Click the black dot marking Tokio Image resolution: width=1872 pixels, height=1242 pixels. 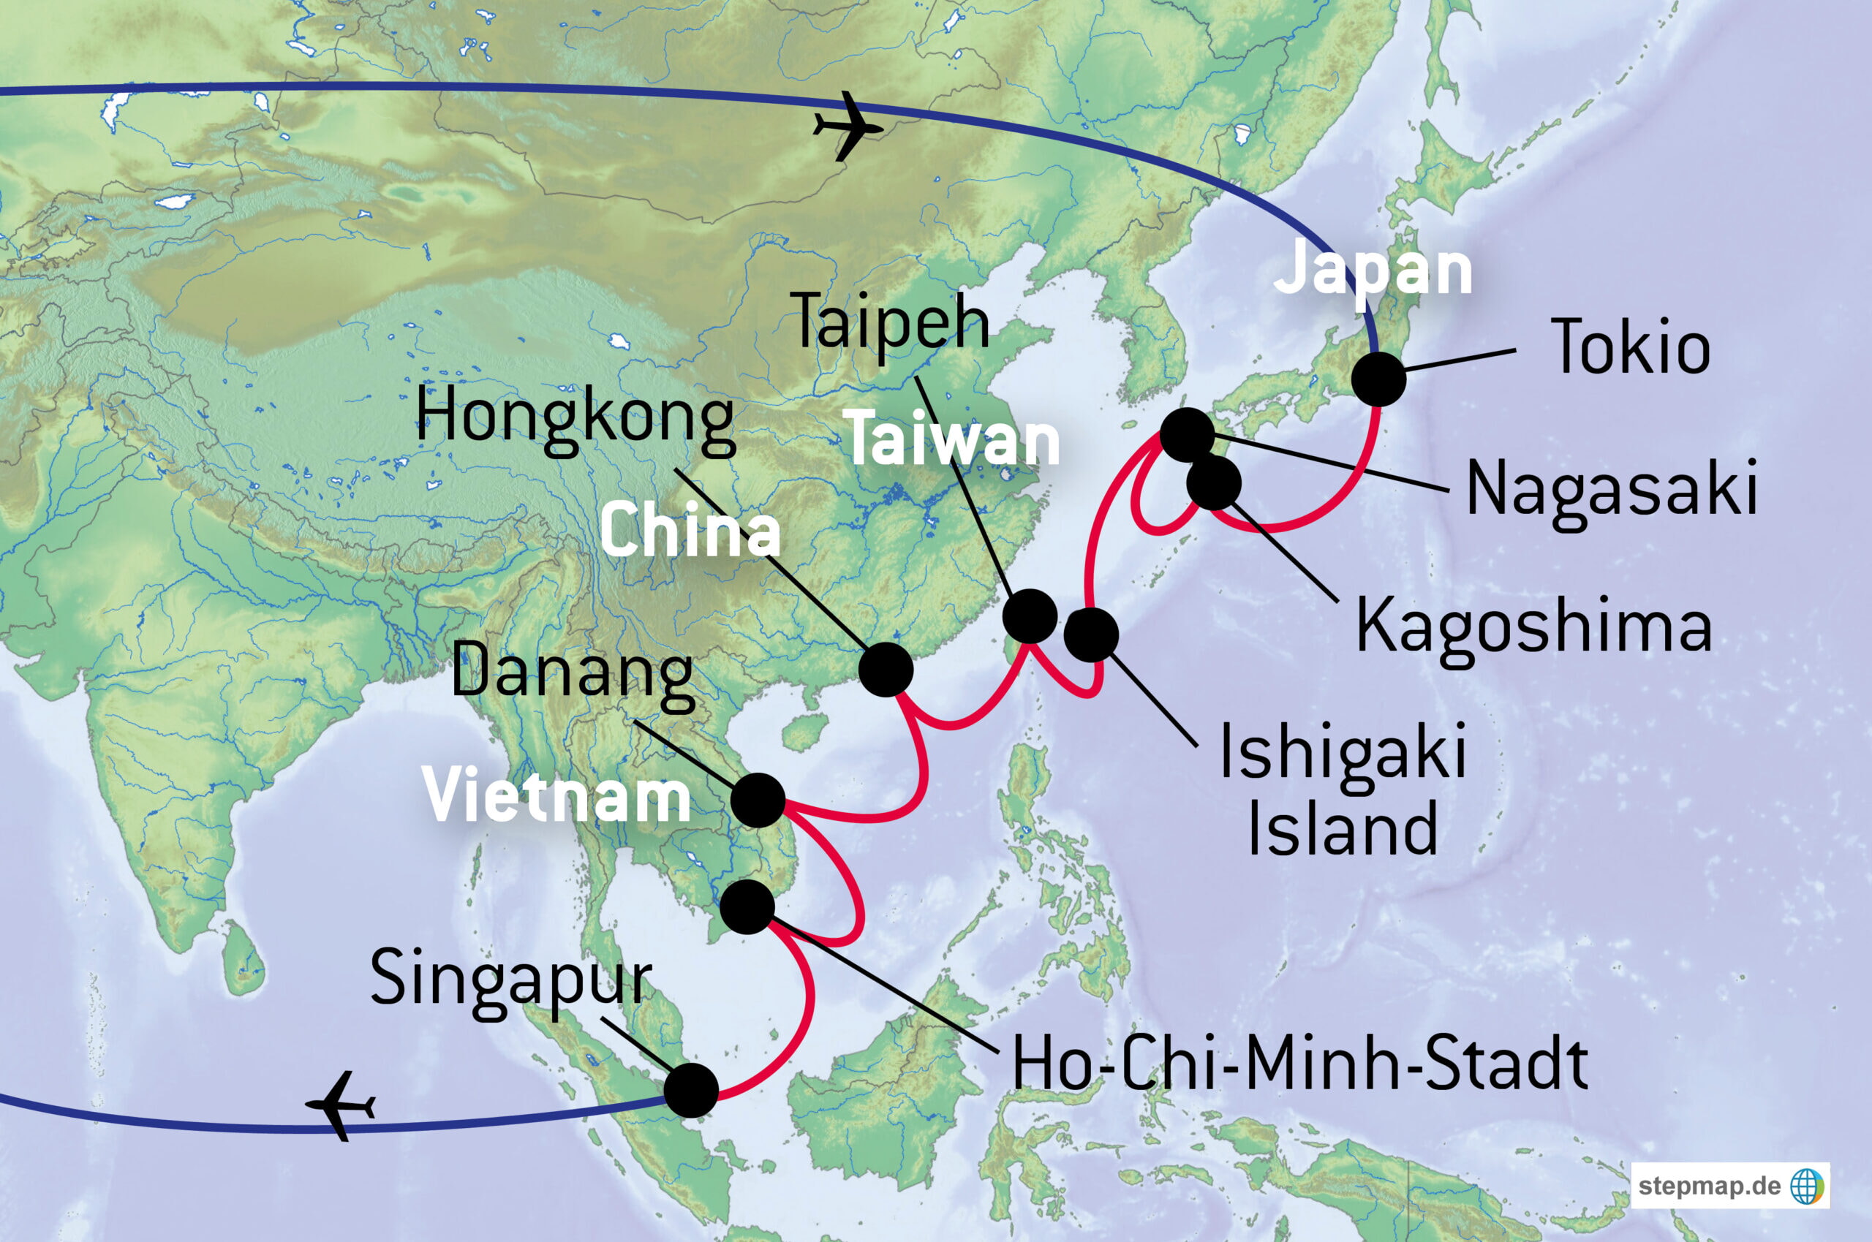pyautogui.click(x=1378, y=379)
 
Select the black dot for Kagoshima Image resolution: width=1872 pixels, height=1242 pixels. pyautogui.click(x=1214, y=483)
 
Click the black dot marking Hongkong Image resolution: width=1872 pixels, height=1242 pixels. pyautogui.click(x=886, y=670)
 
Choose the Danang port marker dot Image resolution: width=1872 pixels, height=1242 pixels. pyautogui.click(x=758, y=800)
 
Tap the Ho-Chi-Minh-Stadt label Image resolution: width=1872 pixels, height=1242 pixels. pyautogui.click(x=1300, y=1065)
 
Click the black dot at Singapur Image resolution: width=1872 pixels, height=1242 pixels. pyautogui.click(x=691, y=1091)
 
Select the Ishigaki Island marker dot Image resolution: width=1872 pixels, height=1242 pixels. pyautogui.click(x=1091, y=635)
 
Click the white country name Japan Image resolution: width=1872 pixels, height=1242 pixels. pyautogui.click(x=1372, y=270)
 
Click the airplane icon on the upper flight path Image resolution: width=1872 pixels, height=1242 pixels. pyautogui.click(x=847, y=126)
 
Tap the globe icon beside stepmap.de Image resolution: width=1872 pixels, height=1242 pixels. pyautogui.click(x=1807, y=1186)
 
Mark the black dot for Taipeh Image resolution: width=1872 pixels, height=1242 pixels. pyautogui.click(x=1030, y=616)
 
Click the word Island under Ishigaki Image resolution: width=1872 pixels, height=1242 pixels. pyautogui.click(x=1343, y=827)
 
